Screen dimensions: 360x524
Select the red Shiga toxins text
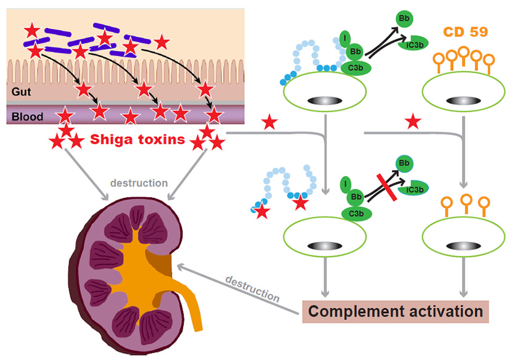coord(137,140)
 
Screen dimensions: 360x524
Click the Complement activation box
coord(395,311)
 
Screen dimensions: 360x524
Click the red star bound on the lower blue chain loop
coord(301,203)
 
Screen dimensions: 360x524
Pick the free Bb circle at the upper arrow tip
coord(404,20)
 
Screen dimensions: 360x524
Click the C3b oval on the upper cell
coord(356,67)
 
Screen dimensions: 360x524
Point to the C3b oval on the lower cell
coord(356,213)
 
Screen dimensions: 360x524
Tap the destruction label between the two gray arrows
coord(140,183)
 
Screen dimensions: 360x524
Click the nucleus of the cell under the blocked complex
coord(323,245)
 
